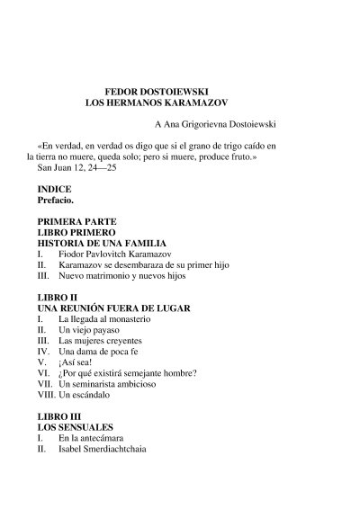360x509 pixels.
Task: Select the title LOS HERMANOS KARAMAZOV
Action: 158,104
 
